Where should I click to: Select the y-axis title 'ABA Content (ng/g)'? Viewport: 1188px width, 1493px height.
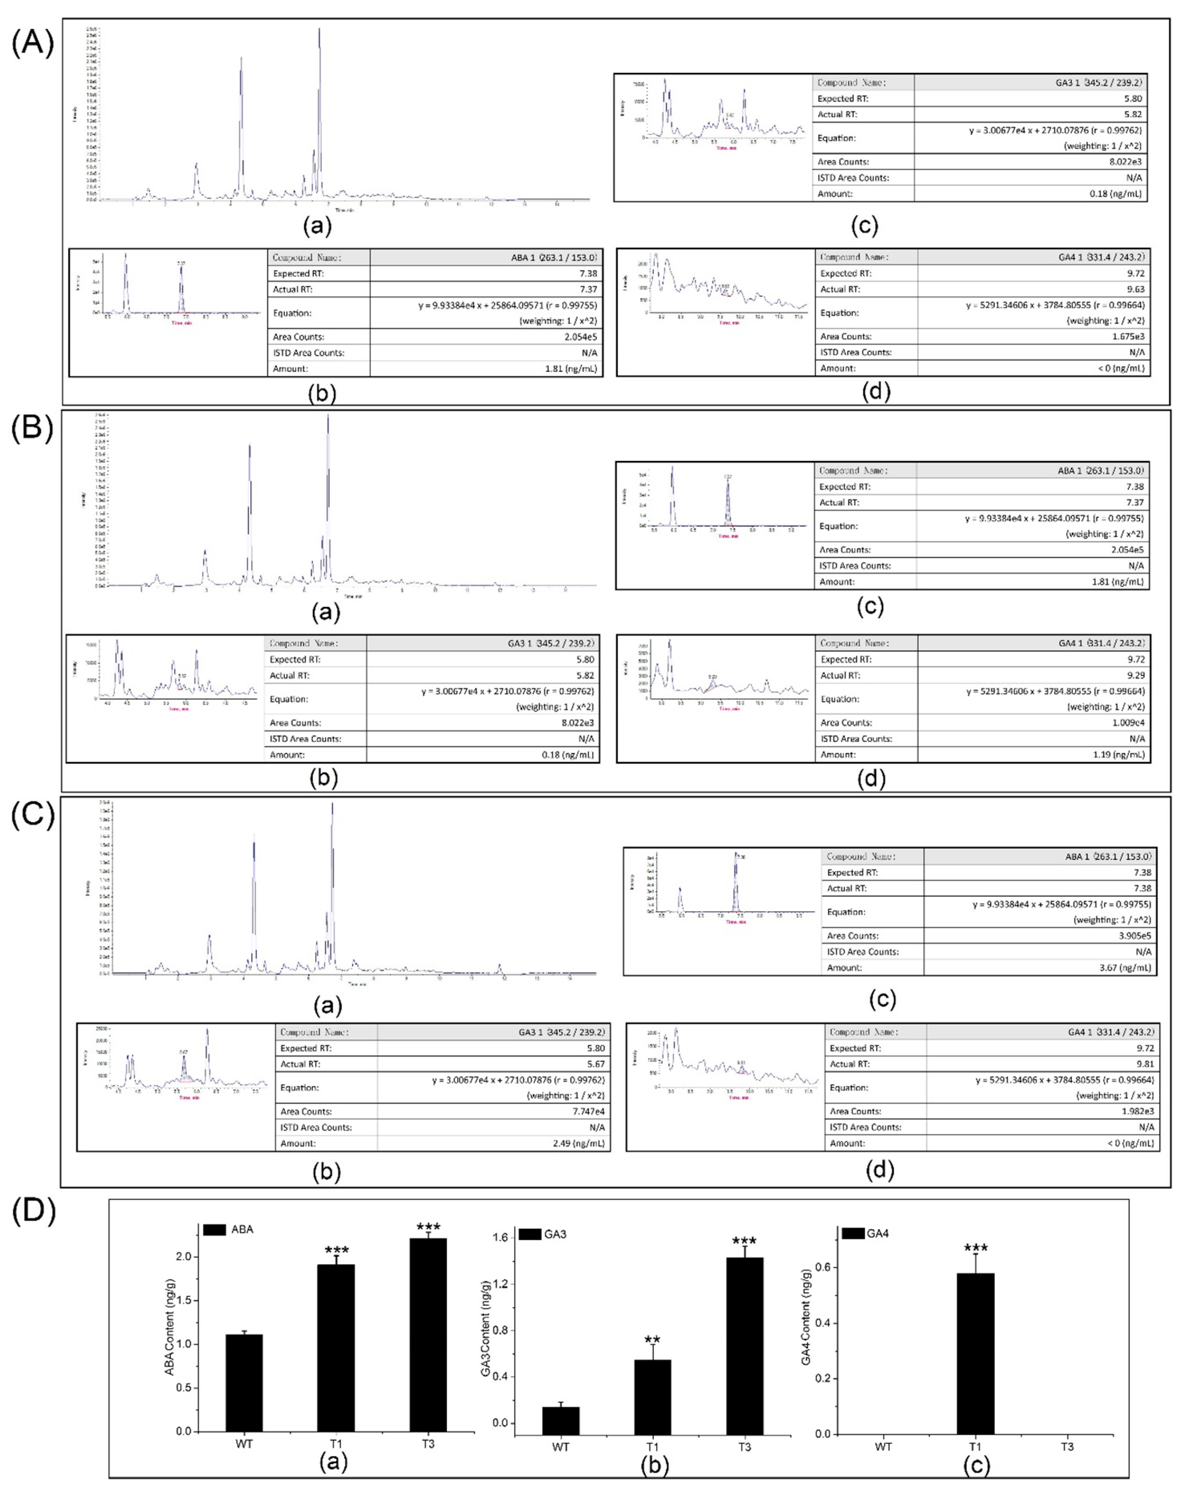pyautogui.click(x=170, y=1326)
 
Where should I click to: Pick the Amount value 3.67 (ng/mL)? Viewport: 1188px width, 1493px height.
pyautogui.click(x=1125, y=967)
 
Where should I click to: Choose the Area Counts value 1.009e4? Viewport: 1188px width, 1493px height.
pyautogui.click(x=1128, y=722)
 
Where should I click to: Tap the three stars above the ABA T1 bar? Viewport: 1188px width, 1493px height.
pyautogui.click(x=337, y=1251)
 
